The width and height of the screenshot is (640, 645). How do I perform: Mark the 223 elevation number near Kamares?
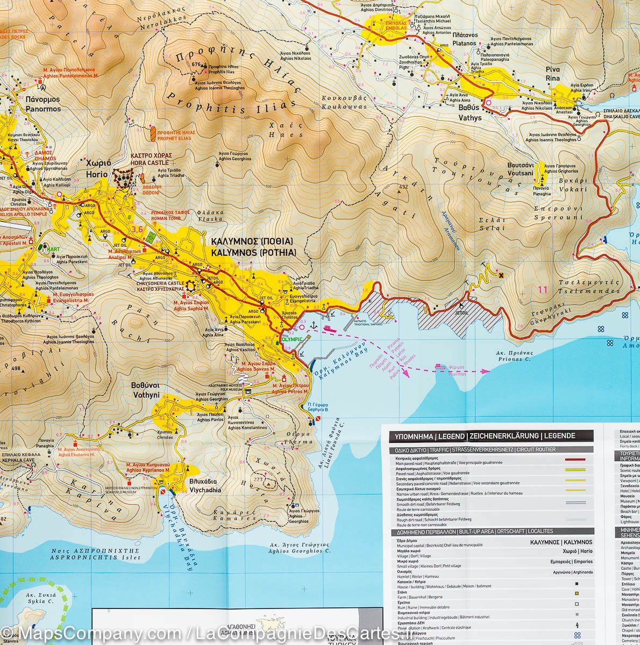(x=259, y=479)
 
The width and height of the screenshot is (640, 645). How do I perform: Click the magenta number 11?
(x=542, y=290)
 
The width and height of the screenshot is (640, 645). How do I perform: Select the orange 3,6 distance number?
(x=137, y=230)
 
